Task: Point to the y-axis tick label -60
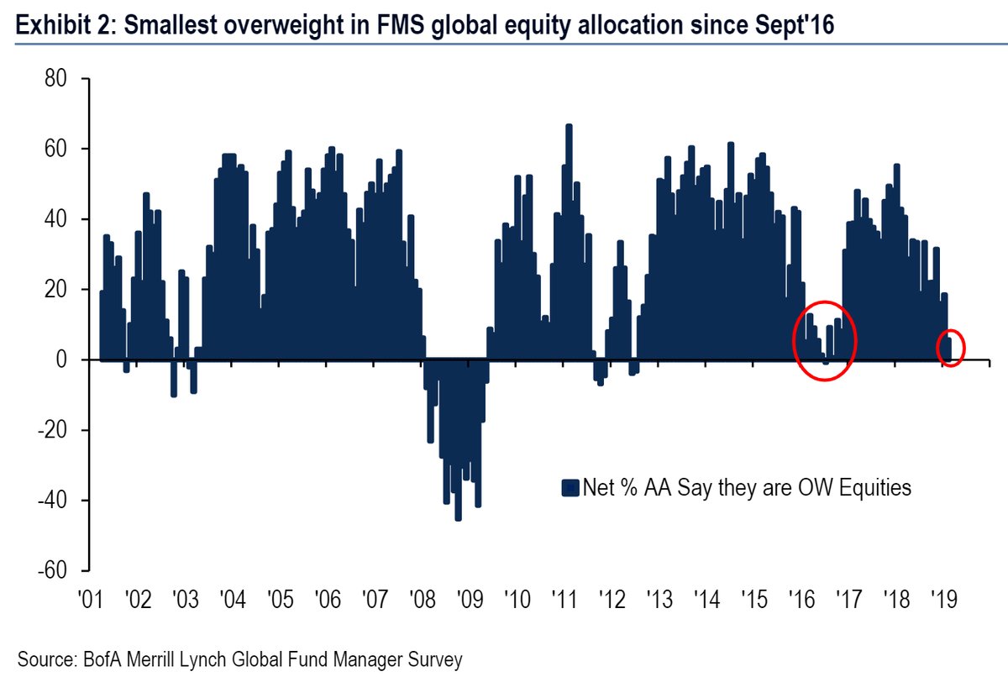(52, 570)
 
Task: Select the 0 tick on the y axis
(62, 359)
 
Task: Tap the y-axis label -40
(52, 501)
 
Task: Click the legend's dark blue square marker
(571, 487)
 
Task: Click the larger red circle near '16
(825, 340)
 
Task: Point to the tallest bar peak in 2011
(569, 126)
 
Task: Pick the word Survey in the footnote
(435, 660)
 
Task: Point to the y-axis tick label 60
(55, 150)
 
